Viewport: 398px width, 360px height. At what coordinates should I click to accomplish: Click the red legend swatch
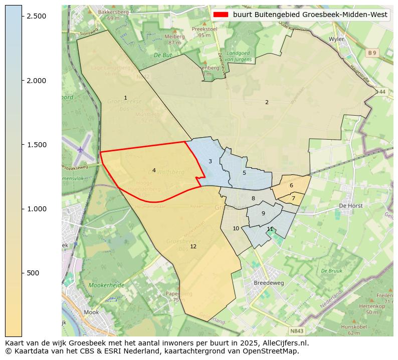point(221,15)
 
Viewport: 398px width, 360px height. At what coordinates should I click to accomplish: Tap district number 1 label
point(125,98)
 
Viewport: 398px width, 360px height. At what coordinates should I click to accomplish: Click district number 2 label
point(267,102)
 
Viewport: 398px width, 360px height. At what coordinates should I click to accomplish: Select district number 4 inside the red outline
point(154,171)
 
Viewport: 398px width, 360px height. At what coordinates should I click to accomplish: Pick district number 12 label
point(193,246)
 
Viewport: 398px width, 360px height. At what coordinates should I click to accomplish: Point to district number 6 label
point(291,185)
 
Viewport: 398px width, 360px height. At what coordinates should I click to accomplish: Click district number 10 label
point(236,228)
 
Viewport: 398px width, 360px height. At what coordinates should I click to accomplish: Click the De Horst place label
point(350,205)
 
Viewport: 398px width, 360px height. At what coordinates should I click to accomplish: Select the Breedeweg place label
point(269,282)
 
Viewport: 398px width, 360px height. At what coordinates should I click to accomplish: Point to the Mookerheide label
point(106,285)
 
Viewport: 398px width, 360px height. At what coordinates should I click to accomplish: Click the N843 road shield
point(296,331)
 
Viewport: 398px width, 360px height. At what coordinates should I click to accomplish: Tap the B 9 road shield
point(371,53)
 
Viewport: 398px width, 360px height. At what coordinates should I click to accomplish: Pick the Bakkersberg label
point(113,12)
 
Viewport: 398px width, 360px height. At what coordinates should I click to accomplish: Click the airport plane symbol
point(81,149)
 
